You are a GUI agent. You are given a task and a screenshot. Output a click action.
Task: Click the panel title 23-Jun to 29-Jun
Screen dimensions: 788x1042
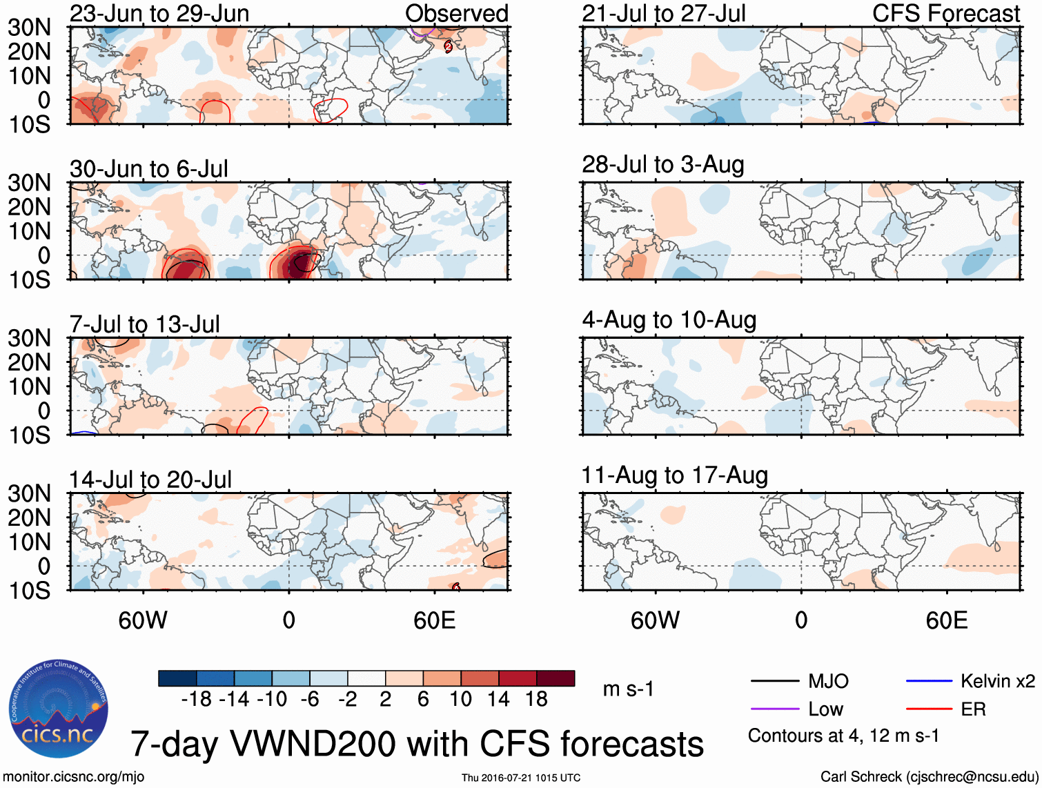click(x=159, y=14)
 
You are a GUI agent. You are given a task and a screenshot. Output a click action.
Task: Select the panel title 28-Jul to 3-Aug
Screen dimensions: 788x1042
click(x=662, y=165)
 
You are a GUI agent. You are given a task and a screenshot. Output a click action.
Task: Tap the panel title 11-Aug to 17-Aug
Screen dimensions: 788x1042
click(x=674, y=475)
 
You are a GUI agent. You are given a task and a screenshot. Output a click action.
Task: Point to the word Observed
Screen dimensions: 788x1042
click(x=456, y=14)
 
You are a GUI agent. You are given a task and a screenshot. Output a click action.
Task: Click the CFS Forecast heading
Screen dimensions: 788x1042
click(x=946, y=14)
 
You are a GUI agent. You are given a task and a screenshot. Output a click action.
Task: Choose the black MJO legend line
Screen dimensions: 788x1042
click(x=774, y=682)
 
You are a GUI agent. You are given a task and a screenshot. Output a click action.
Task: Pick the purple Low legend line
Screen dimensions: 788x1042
click(x=774, y=709)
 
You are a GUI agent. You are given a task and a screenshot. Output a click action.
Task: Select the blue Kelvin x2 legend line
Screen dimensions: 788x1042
click(x=929, y=682)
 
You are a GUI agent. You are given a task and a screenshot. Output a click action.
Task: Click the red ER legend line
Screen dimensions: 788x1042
click(x=929, y=709)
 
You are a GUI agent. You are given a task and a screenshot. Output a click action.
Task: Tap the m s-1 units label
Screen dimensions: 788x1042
click(x=628, y=689)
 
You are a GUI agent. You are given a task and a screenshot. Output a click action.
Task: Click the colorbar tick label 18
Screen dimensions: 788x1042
click(x=536, y=700)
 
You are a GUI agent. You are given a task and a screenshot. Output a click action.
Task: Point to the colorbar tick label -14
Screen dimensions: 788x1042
click(x=234, y=700)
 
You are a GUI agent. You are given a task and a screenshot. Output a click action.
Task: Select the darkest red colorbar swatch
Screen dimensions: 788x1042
click(x=556, y=678)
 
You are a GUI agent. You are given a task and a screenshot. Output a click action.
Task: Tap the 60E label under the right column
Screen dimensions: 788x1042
click(x=946, y=621)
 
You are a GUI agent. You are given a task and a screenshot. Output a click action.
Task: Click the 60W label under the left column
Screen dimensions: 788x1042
click(x=143, y=621)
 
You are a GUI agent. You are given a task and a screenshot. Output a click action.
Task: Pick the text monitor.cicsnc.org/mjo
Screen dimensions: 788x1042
click(x=74, y=777)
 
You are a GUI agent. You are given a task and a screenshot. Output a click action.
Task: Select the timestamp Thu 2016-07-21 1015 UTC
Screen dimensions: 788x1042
click(x=521, y=778)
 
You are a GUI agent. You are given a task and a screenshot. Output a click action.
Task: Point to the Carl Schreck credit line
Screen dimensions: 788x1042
click(x=929, y=777)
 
